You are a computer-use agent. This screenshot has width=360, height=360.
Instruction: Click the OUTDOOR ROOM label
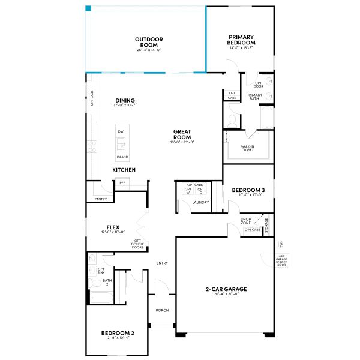(x=148, y=42)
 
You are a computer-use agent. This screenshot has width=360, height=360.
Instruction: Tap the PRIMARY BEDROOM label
(x=241, y=40)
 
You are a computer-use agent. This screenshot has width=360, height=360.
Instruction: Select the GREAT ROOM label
(x=182, y=134)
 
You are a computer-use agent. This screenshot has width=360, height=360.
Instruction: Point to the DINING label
(x=125, y=100)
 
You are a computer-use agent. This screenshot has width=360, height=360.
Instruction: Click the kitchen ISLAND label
(x=122, y=157)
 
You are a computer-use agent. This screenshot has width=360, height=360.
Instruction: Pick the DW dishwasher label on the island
(x=121, y=131)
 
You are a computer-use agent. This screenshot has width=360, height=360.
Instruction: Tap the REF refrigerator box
(x=122, y=183)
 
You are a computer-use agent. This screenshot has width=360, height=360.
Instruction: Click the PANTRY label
(x=100, y=199)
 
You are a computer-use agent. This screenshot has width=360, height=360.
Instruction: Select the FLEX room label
(x=113, y=227)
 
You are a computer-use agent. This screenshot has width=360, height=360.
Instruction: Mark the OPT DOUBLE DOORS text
(x=137, y=244)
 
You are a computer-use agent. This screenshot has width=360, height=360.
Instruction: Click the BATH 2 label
(x=107, y=282)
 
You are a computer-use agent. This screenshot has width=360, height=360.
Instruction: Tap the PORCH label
(x=162, y=310)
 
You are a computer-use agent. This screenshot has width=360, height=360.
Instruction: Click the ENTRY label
(x=162, y=263)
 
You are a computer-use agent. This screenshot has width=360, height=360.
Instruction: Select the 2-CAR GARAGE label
(x=226, y=289)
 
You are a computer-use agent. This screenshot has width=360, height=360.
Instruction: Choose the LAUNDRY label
(x=200, y=202)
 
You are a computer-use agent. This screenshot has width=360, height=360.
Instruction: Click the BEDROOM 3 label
(x=248, y=190)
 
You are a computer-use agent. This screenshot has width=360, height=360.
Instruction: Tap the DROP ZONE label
(x=246, y=221)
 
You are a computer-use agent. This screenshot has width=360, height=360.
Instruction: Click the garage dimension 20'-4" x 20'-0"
(x=226, y=294)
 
